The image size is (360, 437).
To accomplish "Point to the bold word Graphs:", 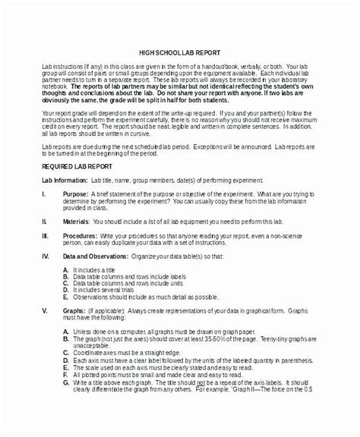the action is click(x=73, y=332).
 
